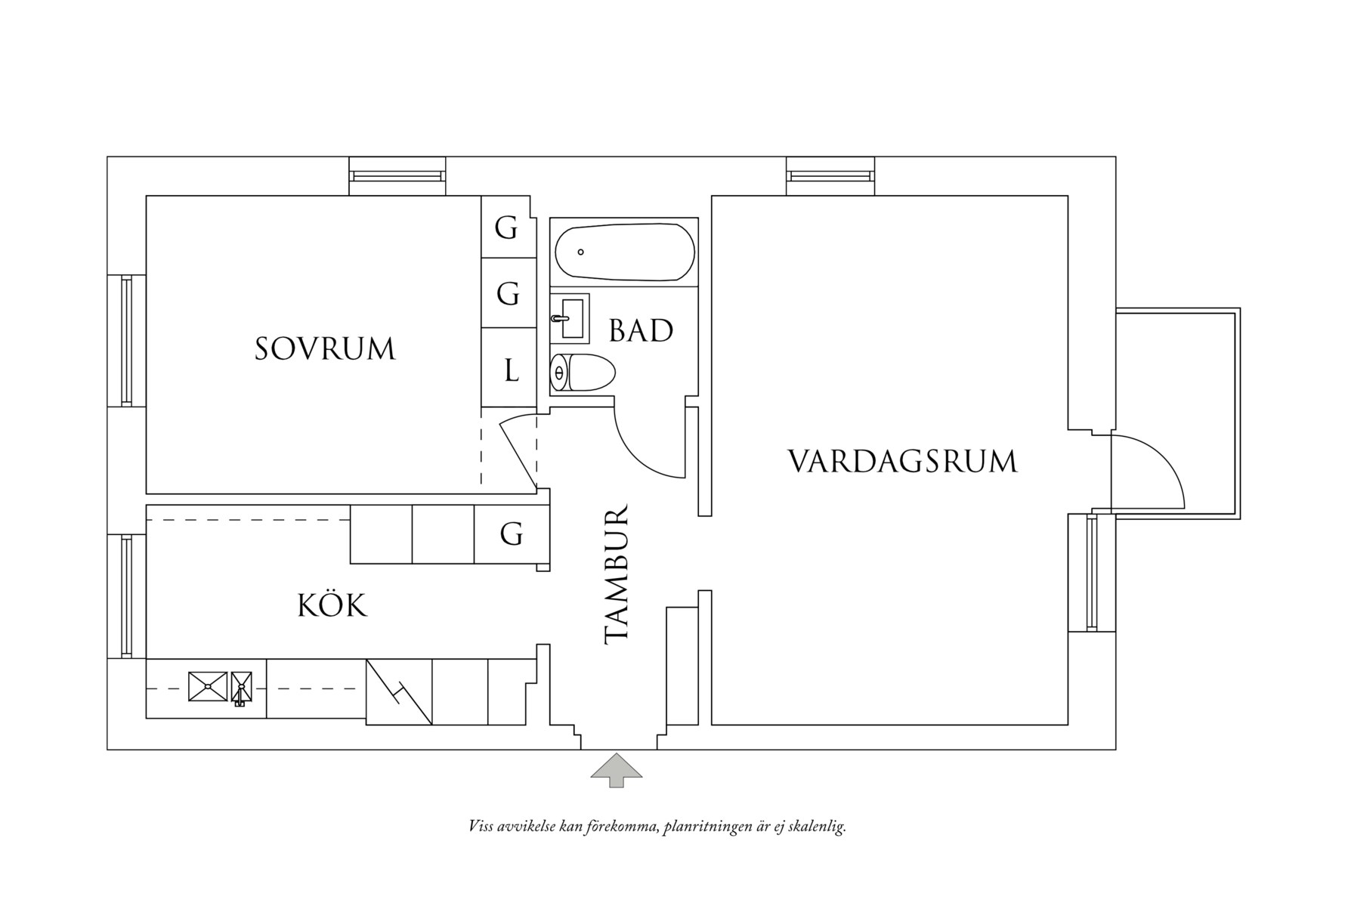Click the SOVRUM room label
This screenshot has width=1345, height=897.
(325, 349)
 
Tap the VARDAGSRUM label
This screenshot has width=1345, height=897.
(902, 461)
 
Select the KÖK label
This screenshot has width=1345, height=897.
(332, 606)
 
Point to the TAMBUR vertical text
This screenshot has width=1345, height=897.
(618, 574)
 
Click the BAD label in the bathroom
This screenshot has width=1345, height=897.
(641, 331)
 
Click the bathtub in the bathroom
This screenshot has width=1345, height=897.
(624, 252)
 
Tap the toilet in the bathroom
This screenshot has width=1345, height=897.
(583, 373)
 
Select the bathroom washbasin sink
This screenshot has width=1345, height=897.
(570, 317)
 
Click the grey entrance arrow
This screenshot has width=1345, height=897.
(617, 769)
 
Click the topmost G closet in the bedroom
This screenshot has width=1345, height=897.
(506, 227)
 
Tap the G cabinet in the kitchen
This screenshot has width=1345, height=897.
(512, 535)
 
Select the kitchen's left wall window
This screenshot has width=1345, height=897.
(127, 595)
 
